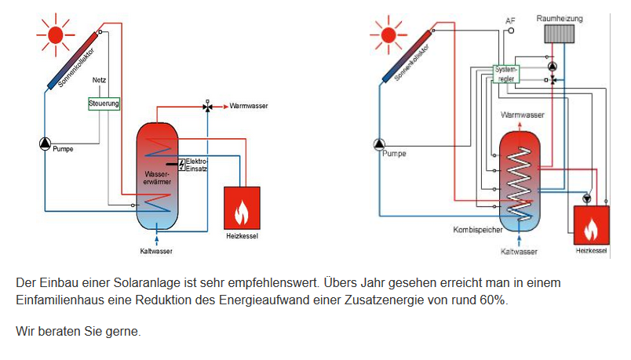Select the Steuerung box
104,103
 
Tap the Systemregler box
506,75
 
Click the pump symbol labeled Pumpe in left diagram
44,144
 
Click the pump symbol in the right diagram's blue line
380,144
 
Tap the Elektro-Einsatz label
196,165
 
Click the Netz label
99,81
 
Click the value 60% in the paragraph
492,300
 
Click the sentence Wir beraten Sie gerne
78,332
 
